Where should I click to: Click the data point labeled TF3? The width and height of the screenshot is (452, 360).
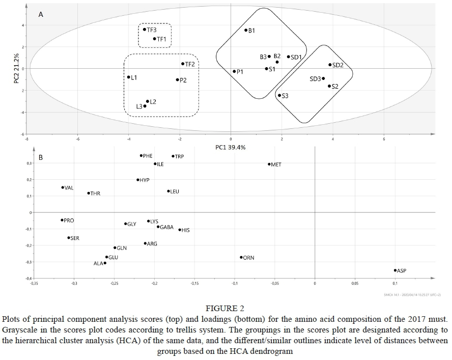pyautogui.click(x=145, y=30)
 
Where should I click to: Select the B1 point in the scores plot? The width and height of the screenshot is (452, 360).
pyautogui.click(x=246, y=30)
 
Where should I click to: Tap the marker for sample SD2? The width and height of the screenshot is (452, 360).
pyautogui.click(x=330, y=65)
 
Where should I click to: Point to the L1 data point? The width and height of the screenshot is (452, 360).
pyautogui.click(x=128, y=77)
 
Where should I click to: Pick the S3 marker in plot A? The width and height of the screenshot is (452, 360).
pyautogui.click(x=279, y=95)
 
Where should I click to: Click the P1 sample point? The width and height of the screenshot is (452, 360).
pyautogui.click(x=234, y=72)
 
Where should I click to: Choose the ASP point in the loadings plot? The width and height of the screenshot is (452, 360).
pyautogui.click(x=395, y=270)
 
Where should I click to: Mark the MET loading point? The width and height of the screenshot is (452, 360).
pyautogui.click(x=269, y=164)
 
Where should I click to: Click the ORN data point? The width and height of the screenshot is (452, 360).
pyautogui.click(x=241, y=258)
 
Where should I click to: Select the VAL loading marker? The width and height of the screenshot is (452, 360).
pyautogui.click(x=63, y=187)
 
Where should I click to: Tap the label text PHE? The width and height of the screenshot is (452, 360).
pyautogui.click(x=148, y=156)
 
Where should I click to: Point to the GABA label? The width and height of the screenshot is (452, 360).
pyautogui.click(x=167, y=227)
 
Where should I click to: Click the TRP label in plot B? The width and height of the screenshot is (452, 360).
pyautogui.click(x=179, y=156)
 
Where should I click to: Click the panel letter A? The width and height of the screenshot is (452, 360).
pyautogui.click(x=41, y=15)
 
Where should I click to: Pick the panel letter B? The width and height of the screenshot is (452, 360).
pyautogui.click(x=41, y=157)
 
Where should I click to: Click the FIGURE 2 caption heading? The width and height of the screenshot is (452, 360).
pyautogui.click(x=226, y=309)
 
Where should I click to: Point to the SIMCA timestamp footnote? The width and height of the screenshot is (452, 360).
pyautogui.click(x=413, y=294)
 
